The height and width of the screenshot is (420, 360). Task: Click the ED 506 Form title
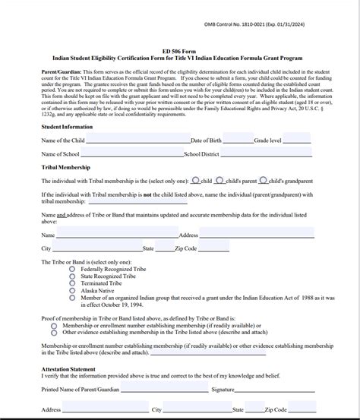[x=178, y=52]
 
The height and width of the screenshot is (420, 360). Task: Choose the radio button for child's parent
[x=219, y=181]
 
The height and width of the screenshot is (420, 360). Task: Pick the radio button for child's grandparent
[x=264, y=181]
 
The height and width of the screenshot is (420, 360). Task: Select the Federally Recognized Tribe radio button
[x=72, y=270]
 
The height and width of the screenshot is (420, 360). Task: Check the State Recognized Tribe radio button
[x=72, y=276]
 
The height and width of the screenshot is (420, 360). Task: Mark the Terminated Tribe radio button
[x=72, y=283]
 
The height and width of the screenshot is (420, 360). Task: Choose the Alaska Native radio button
[x=72, y=290]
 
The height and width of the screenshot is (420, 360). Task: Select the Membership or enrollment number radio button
[x=54, y=325]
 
